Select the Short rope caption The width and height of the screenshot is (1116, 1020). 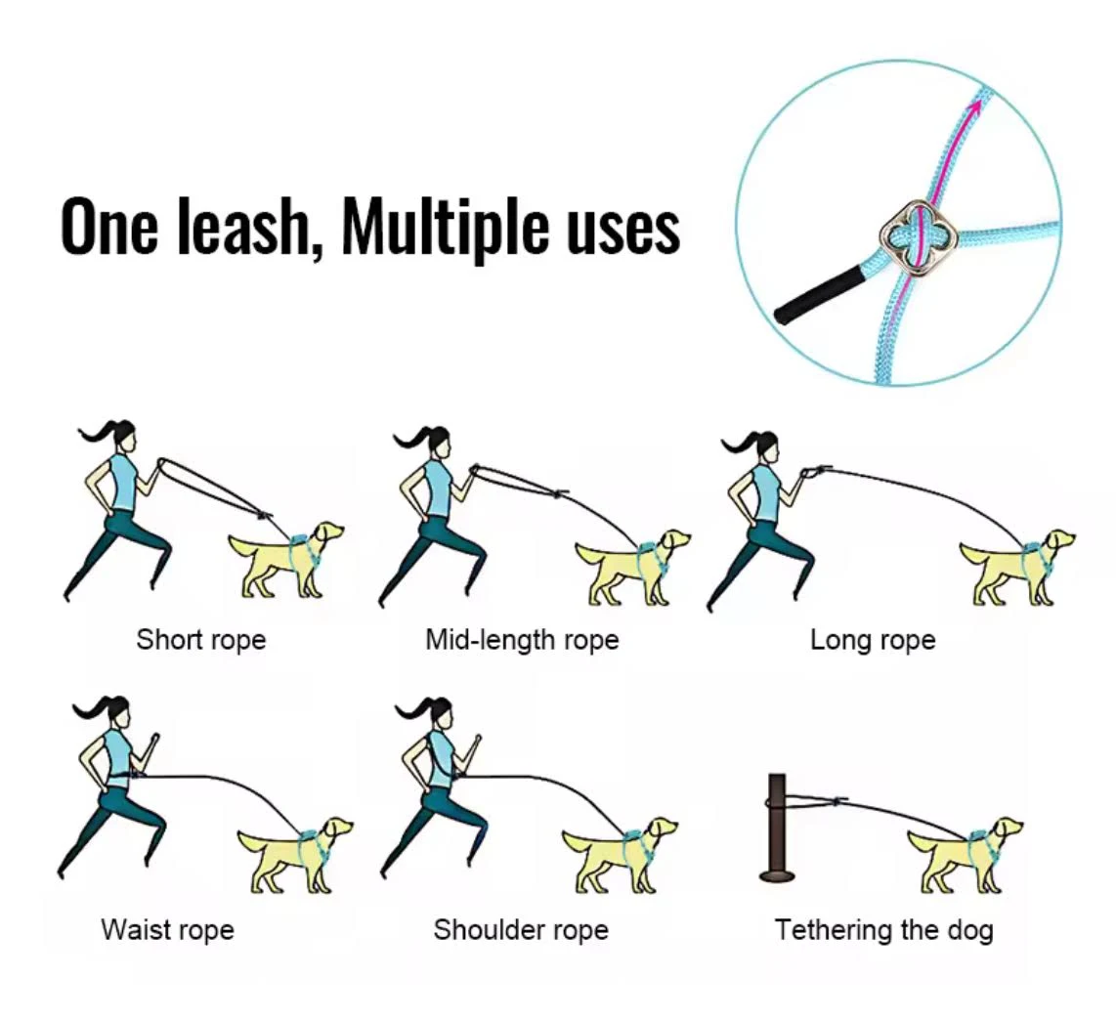[200, 640]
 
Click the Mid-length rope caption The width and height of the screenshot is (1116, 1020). [522, 640]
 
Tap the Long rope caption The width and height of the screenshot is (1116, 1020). [873, 641]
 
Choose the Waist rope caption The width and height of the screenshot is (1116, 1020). [167, 930]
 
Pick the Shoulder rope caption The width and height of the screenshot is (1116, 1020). [521, 930]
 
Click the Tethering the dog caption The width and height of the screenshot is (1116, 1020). [884, 930]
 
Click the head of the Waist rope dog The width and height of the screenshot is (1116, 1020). [336, 829]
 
